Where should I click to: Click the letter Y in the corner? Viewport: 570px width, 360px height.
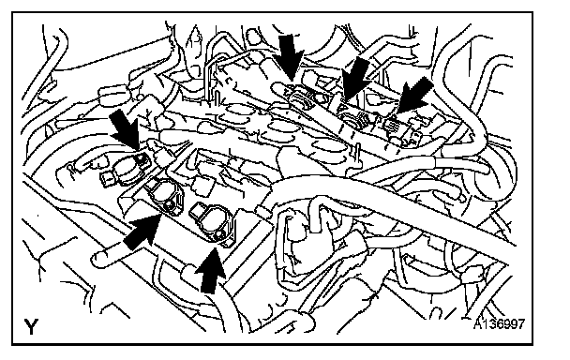click(31, 326)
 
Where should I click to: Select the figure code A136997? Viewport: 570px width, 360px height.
click(499, 323)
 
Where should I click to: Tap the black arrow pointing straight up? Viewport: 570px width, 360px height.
click(210, 270)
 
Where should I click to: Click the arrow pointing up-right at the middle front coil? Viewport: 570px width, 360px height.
click(142, 232)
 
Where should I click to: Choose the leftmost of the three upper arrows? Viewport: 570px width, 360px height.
click(291, 56)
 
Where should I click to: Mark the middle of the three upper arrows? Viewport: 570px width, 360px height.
click(355, 78)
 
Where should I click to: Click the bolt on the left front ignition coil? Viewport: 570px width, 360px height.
click(141, 157)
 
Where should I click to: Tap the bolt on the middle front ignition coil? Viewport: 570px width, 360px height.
click(168, 207)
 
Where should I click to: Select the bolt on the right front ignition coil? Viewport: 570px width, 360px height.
click(218, 236)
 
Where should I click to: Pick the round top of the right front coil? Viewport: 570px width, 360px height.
click(216, 222)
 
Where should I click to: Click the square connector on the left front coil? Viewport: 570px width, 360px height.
click(106, 178)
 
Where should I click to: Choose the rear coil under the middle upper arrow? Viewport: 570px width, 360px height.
click(352, 115)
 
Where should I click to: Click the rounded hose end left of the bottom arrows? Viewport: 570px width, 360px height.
click(98, 259)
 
